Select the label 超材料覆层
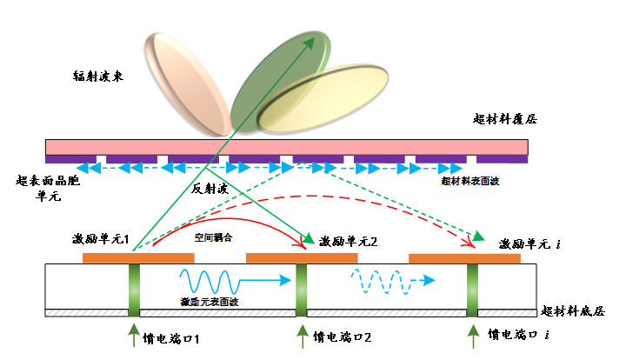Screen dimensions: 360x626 tap(505, 119)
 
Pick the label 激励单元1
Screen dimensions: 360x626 tap(102, 237)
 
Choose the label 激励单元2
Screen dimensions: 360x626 tap(348, 241)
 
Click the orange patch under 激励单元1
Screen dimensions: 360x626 tap(137, 257)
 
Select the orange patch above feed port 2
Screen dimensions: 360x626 tap(302, 258)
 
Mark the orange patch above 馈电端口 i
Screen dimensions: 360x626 tap(464, 258)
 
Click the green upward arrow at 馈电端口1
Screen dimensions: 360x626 tap(133, 336)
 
